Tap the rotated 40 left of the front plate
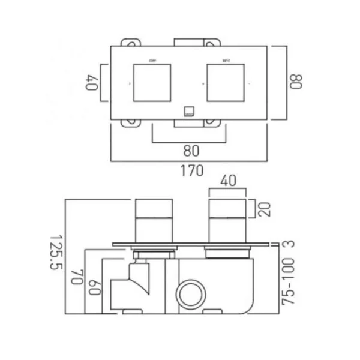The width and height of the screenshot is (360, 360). [x=92, y=82]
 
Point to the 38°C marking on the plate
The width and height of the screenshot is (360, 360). [x=227, y=60]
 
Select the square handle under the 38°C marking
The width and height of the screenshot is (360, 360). [x=227, y=82]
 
